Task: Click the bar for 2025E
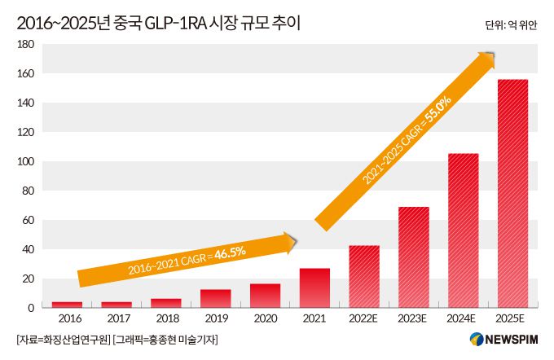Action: pyautogui.click(x=512, y=194)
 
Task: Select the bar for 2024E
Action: pyautogui.click(x=463, y=230)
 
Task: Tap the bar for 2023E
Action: pyautogui.click(x=413, y=257)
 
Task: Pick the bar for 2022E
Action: pyautogui.click(x=364, y=277)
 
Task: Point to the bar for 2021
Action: pyautogui.click(x=314, y=288)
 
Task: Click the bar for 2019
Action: pyautogui.click(x=215, y=299)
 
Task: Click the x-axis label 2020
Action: pyautogui.click(x=265, y=319)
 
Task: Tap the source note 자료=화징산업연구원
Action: pyautogui.click(x=62, y=339)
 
